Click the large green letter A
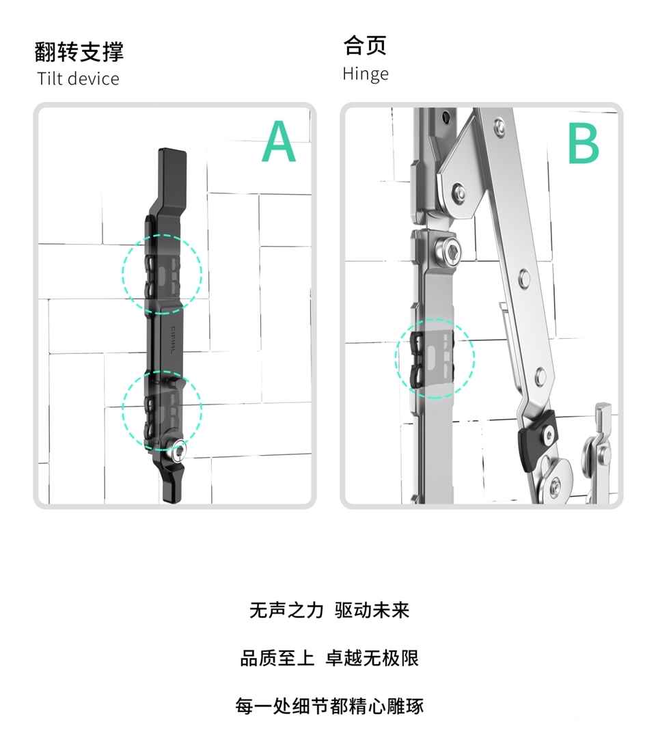click(279, 141)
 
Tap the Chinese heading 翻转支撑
click(79, 51)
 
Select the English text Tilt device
click(78, 79)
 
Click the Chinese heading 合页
click(365, 45)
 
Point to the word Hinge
click(366, 74)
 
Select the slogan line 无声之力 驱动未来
click(329, 610)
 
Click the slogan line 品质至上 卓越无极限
click(329, 658)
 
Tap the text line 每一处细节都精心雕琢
click(329, 706)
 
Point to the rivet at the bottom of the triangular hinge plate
click(458, 192)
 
